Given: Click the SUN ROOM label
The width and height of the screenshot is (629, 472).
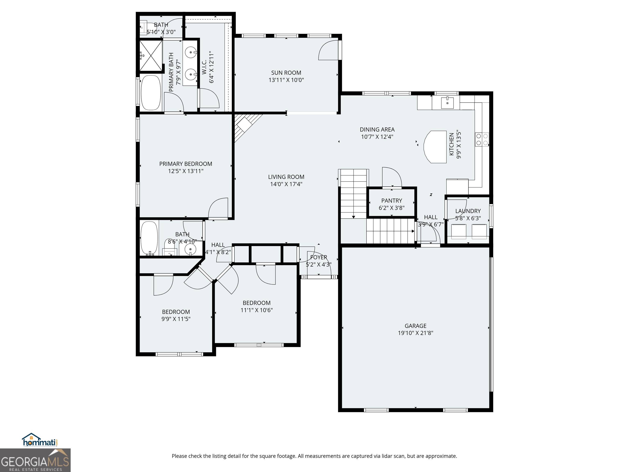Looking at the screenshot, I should pos(286,73).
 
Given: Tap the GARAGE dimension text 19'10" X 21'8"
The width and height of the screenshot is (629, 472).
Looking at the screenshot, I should pos(415,333).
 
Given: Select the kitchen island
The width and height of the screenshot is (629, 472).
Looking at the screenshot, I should pos(435,147).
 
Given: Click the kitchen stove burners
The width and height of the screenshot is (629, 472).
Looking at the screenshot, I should pos(482,140).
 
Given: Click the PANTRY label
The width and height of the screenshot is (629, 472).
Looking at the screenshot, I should pos(391,201).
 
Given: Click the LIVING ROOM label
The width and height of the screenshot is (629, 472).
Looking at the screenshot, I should pos(286,177).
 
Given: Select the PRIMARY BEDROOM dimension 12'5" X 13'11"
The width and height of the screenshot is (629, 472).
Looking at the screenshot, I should pos(186,171).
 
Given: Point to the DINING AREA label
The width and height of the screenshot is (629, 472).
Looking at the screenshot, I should pos(377,129).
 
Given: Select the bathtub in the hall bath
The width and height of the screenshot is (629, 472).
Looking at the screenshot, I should pos(149,238).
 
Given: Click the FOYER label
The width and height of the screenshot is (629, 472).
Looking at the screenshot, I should pos(318,257).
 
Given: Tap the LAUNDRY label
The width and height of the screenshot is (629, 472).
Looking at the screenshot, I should pos(468,211).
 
